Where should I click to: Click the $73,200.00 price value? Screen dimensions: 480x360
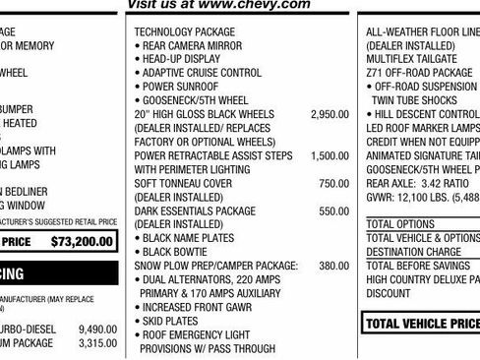click(84, 240)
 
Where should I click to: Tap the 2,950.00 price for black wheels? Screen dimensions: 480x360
click(329, 115)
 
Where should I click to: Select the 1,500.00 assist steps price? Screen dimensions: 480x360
click(329, 156)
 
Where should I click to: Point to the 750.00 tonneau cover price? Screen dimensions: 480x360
click(333, 184)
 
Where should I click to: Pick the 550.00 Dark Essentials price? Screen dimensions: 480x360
click(333, 211)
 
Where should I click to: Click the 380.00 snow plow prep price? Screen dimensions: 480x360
click(333, 266)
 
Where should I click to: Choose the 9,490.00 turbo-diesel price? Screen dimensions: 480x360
click(97, 329)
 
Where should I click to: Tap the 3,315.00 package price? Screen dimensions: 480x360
click(97, 343)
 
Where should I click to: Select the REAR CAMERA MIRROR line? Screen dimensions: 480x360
click(192, 46)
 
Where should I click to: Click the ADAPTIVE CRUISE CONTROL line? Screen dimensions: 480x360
click(202, 74)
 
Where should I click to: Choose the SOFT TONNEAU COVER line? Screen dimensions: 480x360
click(183, 184)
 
